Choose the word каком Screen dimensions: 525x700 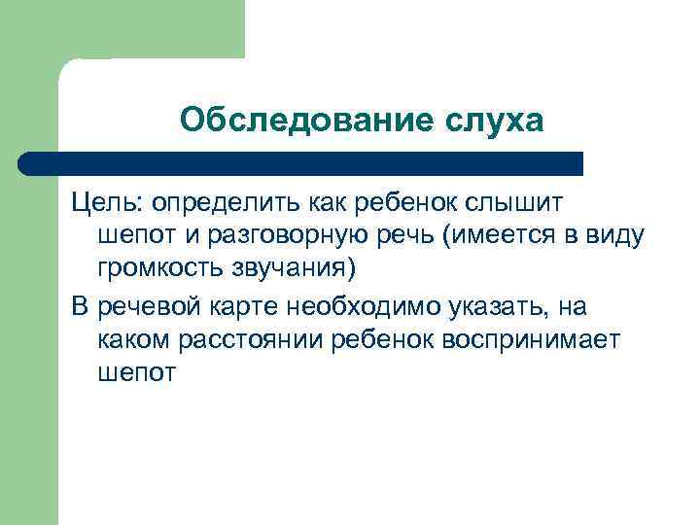coord(130,340)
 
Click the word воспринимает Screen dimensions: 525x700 coord(524,340)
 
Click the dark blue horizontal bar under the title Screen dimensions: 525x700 coord(301,163)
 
